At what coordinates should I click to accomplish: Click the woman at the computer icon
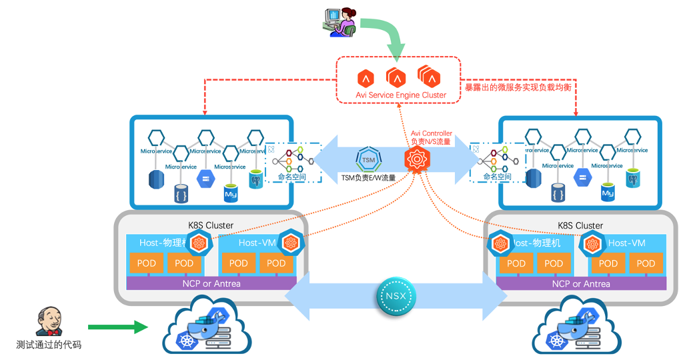coord(339,21)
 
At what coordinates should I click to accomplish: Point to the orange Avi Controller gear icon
coord(418,160)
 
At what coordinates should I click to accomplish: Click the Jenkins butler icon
coord(48,323)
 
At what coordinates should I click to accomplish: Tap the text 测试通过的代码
coord(49,345)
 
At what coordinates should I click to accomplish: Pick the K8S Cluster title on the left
coord(210,225)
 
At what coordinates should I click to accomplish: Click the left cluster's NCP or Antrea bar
coord(211,283)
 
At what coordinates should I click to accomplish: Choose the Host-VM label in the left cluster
coord(257,243)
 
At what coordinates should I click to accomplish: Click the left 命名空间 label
coord(291,177)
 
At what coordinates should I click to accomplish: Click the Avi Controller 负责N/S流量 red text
coord(431,138)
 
